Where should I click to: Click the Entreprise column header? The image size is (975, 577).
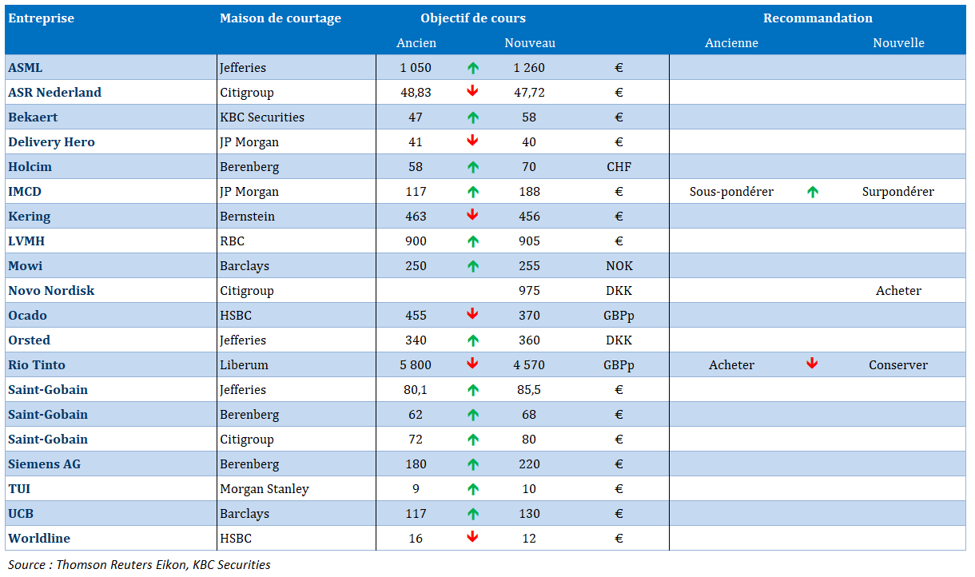coord(41,18)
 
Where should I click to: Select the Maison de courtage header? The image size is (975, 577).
coord(281,18)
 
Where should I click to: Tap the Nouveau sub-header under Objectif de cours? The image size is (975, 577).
coord(530,43)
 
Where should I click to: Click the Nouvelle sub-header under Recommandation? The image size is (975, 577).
coord(898,43)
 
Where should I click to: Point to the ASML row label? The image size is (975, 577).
coord(26,68)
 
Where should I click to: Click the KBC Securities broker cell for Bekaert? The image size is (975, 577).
coord(262,117)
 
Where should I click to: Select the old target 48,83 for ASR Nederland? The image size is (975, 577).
coord(416,93)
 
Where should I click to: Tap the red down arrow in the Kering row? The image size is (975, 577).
coord(472,215)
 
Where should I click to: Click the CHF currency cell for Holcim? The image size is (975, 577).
coord(619,167)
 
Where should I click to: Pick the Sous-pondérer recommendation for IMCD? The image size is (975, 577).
coord(731,192)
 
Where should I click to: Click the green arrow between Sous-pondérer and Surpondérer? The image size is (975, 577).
coord(813,192)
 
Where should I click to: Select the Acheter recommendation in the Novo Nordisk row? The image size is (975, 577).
coord(898,291)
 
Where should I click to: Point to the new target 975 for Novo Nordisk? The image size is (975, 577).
coord(529,291)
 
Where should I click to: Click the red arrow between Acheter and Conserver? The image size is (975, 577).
coord(812,364)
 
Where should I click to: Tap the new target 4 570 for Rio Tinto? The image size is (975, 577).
coord(529,365)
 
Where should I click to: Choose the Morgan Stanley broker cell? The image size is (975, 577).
coord(265,489)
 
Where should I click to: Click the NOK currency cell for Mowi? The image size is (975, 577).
coord(619,266)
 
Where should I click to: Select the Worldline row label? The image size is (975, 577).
coord(39,539)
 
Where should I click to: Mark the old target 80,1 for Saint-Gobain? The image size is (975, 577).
coord(416,390)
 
